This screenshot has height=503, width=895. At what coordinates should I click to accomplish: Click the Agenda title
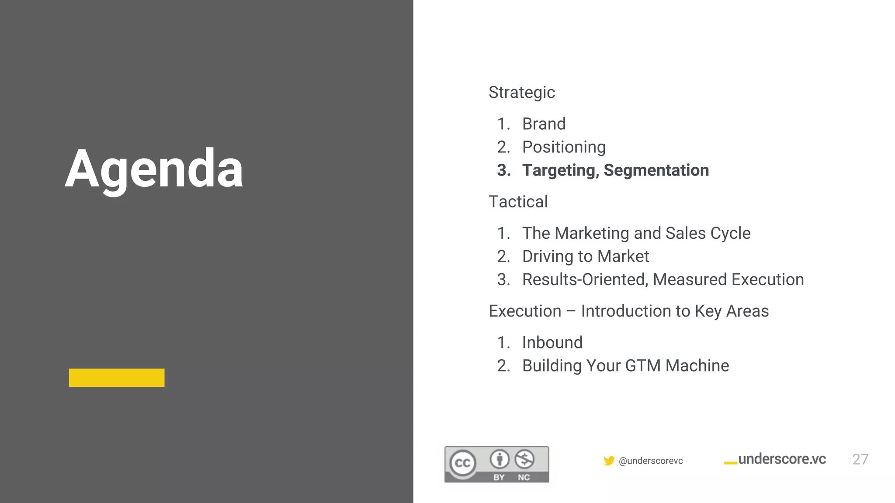(154, 169)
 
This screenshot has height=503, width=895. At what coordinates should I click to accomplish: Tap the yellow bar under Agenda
(116, 378)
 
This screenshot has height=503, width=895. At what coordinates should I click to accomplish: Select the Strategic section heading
(521, 93)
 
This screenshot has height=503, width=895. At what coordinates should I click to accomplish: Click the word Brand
(544, 124)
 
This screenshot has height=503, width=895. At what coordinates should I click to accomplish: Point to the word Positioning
(564, 147)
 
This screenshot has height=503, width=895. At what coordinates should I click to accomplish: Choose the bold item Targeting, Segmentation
(615, 170)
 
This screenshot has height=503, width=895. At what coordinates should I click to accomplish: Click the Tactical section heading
(518, 202)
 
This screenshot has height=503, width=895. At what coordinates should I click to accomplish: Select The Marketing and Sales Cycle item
(636, 233)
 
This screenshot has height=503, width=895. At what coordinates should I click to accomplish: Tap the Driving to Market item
(586, 256)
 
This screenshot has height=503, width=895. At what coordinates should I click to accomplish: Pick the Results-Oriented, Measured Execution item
(663, 279)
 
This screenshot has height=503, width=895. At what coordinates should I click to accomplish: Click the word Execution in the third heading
(525, 311)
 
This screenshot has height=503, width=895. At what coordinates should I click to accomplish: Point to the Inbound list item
(552, 343)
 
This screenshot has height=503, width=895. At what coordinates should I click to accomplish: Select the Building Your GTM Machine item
(625, 366)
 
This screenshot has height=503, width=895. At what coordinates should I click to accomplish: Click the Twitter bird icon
(609, 461)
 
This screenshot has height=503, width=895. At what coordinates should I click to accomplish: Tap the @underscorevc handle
(651, 461)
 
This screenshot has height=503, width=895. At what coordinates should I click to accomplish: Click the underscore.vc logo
(776, 459)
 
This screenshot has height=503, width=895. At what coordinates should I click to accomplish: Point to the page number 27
(860, 459)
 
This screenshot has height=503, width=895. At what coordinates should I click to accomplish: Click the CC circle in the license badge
(463, 463)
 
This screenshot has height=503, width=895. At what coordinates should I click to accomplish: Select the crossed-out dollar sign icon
(524, 459)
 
